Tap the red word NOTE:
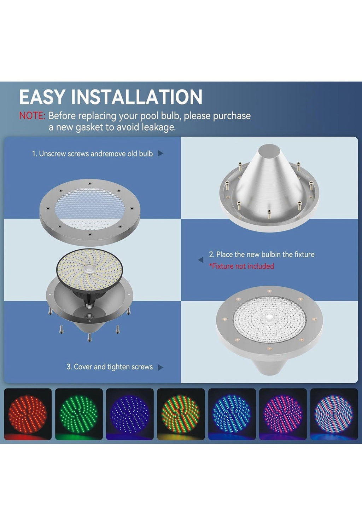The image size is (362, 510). tap(32, 116)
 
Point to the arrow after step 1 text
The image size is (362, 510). tap(160, 154)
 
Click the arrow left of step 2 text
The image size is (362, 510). tap(201, 260)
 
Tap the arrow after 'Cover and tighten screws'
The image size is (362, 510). tap(160, 367)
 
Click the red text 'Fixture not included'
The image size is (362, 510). tap(241, 266)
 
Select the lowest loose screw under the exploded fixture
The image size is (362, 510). tap(89, 337)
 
